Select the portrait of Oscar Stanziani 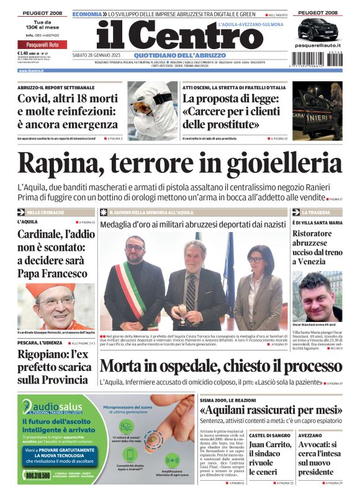coord(317,295)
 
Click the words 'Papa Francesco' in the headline coord(52,273)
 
